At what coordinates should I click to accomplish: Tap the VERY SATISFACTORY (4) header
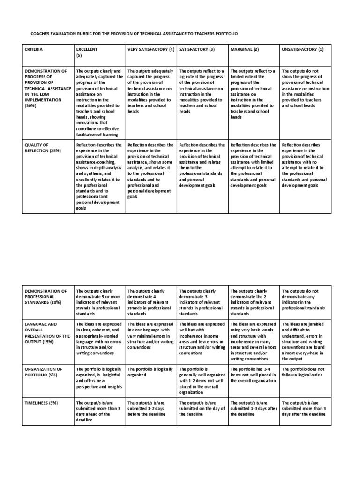[151, 49]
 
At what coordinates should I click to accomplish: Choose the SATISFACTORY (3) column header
[197, 49]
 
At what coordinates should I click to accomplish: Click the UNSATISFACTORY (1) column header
[302, 49]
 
